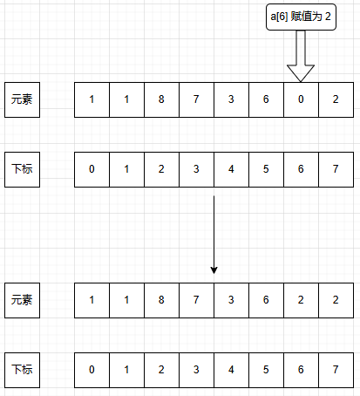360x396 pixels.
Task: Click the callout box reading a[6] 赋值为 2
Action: pos(301,17)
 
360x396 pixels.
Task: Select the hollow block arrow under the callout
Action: pos(301,56)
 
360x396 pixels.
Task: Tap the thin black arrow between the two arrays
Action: pos(214,235)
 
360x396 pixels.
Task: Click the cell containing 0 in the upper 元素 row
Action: pos(301,99)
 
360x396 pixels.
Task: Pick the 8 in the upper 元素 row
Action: pos(161,99)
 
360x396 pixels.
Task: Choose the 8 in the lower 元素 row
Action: pos(161,300)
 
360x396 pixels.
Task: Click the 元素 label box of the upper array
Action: pos(22,99)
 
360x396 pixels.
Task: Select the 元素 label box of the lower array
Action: pos(22,300)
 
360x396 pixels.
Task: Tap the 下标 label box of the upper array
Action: pos(22,169)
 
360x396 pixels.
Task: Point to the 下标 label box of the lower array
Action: pos(22,370)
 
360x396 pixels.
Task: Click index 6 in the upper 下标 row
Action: pos(301,169)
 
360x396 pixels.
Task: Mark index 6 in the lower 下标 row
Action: pos(301,370)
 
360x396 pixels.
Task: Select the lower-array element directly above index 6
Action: pos(301,300)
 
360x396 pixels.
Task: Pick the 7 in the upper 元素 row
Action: pos(196,99)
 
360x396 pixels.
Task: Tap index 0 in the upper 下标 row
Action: pos(92,169)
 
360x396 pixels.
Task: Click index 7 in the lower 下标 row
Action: pos(336,370)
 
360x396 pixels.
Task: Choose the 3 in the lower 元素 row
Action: pos(231,300)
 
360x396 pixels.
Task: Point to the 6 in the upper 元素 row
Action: pos(266,99)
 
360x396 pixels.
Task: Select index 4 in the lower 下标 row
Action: pos(231,370)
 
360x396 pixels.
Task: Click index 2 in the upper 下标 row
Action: pos(161,169)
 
